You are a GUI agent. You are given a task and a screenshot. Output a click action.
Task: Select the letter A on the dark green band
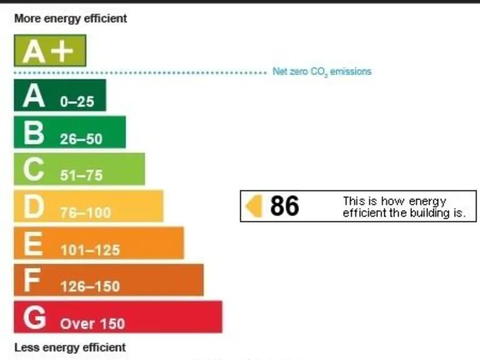pos(34,96)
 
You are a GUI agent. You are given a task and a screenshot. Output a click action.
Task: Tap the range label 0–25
pos(77,102)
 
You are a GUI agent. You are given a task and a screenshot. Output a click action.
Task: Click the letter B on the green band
pos(34,133)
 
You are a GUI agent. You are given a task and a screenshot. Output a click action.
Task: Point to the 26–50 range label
pos(81,139)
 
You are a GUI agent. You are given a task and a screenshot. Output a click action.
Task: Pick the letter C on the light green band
pos(34,170)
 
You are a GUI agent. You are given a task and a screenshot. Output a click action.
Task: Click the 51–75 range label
pos(81,176)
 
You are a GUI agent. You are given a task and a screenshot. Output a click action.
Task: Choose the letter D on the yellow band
pos(34,207)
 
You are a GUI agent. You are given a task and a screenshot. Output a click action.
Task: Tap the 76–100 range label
pos(86,213)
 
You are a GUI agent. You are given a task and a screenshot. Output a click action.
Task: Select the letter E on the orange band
pos(32,244)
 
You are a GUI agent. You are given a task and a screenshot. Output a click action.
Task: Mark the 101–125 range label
pos(90,250)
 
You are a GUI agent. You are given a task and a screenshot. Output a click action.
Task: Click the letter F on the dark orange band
pos(32,281)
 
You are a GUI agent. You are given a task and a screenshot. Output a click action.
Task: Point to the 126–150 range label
pos(90,287)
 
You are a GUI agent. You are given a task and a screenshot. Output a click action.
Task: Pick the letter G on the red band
pos(34,317)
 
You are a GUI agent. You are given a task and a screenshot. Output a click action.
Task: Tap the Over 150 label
pos(92,324)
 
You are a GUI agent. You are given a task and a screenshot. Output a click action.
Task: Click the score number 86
pos(284,206)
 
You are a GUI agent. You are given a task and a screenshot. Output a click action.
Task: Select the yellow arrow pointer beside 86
pos(254,206)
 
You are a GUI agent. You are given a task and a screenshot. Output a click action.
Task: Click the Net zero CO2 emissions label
pos(322,72)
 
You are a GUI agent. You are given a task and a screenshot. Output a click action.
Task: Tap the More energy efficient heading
pos(71,19)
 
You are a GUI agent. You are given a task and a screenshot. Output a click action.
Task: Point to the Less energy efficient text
pos(69,347)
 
